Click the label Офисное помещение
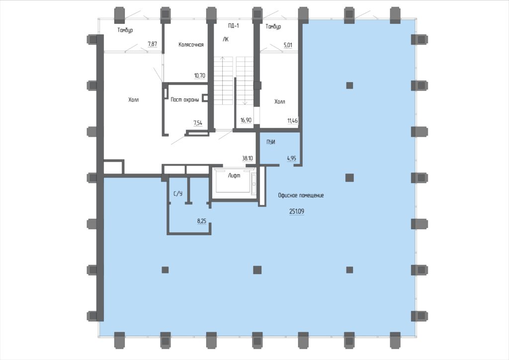(x=301, y=195)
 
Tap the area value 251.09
(x=297, y=211)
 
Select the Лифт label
(x=234, y=176)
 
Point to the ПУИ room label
(x=271, y=142)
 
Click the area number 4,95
(x=291, y=159)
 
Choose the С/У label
(x=178, y=194)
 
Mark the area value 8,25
(x=202, y=221)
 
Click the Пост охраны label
(x=185, y=99)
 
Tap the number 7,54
(x=198, y=123)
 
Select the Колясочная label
(x=191, y=44)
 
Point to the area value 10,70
(x=200, y=76)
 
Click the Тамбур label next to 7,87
(x=125, y=30)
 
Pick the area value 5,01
(x=288, y=45)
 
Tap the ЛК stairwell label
(x=226, y=39)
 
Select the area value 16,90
(x=246, y=120)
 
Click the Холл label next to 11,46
(x=279, y=101)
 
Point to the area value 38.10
(x=248, y=159)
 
